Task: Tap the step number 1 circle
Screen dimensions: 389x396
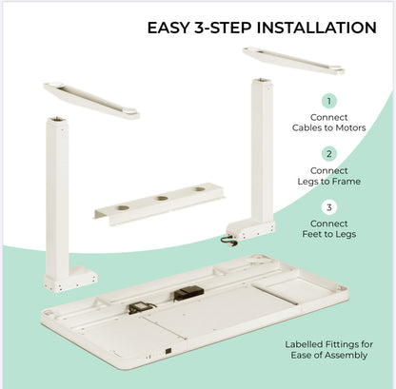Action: [x=329, y=101]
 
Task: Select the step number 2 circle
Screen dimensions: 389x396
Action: [x=329, y=153]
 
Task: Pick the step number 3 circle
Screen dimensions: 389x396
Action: [x=329, y=205]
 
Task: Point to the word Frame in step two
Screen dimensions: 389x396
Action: [x=345, y=181]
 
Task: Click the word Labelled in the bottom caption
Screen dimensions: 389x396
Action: [x=307, y=344]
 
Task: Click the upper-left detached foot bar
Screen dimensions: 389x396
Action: [x=91, y=100]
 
